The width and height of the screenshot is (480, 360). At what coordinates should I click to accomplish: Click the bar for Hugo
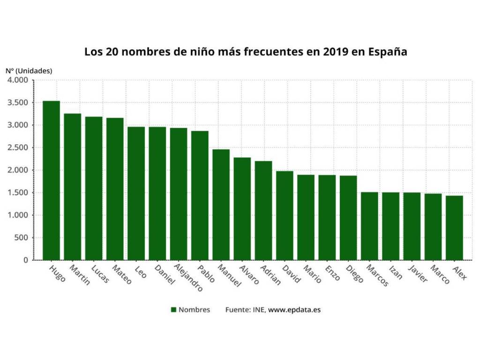point(51,180)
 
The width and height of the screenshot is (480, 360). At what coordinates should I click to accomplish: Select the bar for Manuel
point(221,204)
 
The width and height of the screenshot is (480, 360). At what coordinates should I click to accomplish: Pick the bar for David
point(285,216)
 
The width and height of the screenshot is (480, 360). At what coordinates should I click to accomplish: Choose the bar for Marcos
point(369,226)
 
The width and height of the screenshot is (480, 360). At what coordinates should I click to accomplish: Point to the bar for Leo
point(136,193)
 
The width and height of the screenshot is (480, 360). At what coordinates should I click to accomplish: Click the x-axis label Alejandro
point(188,278)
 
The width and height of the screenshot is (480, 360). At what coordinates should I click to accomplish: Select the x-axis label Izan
point(395,272)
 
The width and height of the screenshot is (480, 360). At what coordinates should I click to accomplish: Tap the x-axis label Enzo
point(332,273)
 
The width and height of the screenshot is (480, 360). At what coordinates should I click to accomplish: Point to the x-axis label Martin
point(79,275)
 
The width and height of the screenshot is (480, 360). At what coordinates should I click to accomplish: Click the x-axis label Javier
point(418,274)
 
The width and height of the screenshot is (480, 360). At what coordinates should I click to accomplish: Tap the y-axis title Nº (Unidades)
point(29,71)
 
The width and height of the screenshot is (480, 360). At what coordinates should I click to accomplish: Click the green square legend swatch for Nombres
point(173,310)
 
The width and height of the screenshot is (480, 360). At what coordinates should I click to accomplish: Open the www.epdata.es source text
point(294,310)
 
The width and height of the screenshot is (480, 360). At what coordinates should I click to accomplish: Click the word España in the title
point(387,52)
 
